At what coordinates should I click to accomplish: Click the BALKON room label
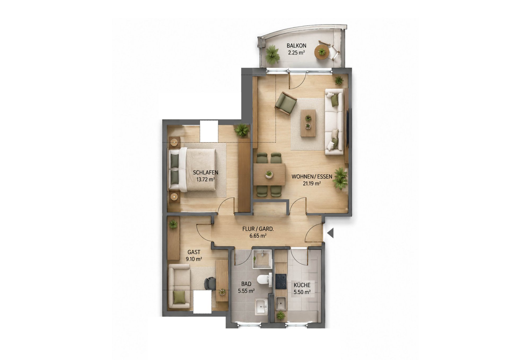[x=296, y=46]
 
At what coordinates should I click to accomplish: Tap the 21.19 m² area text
[x=312, y=183]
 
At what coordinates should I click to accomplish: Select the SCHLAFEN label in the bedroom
[x=205, y=172]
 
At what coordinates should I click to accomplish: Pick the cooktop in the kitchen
[x=281, y=281]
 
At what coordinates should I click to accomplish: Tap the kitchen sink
[x=281, y=303]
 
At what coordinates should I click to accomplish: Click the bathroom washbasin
[x=262, y=306]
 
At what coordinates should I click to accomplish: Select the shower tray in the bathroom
[x=262, y=259]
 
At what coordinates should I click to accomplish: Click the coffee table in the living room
[x=308, y=123]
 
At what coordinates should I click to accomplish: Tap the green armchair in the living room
[x=286, y=103]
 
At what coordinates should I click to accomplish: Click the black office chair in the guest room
[x=210, y=283]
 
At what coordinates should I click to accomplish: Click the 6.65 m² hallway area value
[x=258, y=236]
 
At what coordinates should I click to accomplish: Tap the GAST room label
[x=194, y=252]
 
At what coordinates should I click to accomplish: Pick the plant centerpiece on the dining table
[x=269, y=174]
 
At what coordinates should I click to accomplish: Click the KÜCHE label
[x=302, y=285]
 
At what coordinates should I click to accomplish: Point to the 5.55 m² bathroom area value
[x=246, y=291]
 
